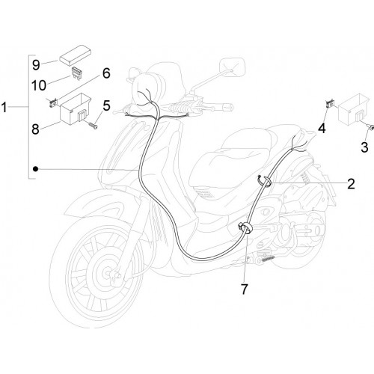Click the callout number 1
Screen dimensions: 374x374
[x=4, y=108]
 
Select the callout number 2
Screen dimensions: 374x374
[x=351, y=184]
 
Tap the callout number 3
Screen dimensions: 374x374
[x=364, y=147]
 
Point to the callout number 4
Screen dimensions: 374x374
[x=322, y=129]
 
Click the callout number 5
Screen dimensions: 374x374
[x=106, y=105]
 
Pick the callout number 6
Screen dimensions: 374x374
[x=106, y=73]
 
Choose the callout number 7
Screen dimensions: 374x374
[x=244, y=289]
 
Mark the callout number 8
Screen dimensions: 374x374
[x=35, y=129]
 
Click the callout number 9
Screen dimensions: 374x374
[x=36, y=65]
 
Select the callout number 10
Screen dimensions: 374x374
[x=39, y=85]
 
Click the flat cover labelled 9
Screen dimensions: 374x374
[x=75, y=55]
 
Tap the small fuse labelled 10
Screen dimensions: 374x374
[x=77, y=73]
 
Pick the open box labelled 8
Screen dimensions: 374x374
[x=76, y=108]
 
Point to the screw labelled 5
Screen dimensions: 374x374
[x=92, y=126]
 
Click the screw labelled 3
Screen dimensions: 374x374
[x=371, y=127]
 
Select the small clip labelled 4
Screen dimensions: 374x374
[x=330, y=103]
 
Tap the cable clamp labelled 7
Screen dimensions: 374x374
[x=245, y=228]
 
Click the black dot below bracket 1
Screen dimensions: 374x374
[x=36, y=169]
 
